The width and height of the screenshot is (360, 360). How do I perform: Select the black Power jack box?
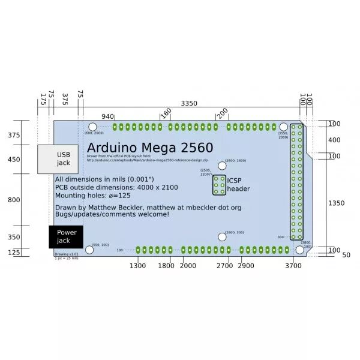click(66, 236)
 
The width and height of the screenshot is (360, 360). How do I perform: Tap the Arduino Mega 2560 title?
click(149, 148)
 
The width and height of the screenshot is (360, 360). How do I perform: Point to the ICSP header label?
click(238, 184)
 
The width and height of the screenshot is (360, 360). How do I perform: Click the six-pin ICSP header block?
click(219, 185)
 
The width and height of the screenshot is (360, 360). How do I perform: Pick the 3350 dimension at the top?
click(189, 103)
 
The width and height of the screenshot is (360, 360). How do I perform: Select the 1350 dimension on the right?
click(336, 203)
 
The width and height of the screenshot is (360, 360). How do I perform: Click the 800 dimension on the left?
click(14, 200)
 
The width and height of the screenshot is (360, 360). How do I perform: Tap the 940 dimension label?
click(107, 116)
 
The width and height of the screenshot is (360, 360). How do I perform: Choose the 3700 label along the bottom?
click(293, 265)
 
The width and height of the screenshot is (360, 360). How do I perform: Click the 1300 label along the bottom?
click(138, 265)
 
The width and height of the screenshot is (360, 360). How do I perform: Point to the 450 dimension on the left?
click(14, 160)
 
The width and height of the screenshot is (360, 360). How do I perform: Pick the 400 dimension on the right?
click(334, 140)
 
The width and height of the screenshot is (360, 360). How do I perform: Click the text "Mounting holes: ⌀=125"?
click(92, 195)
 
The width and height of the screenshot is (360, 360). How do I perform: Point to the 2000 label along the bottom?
click(188, 265)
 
